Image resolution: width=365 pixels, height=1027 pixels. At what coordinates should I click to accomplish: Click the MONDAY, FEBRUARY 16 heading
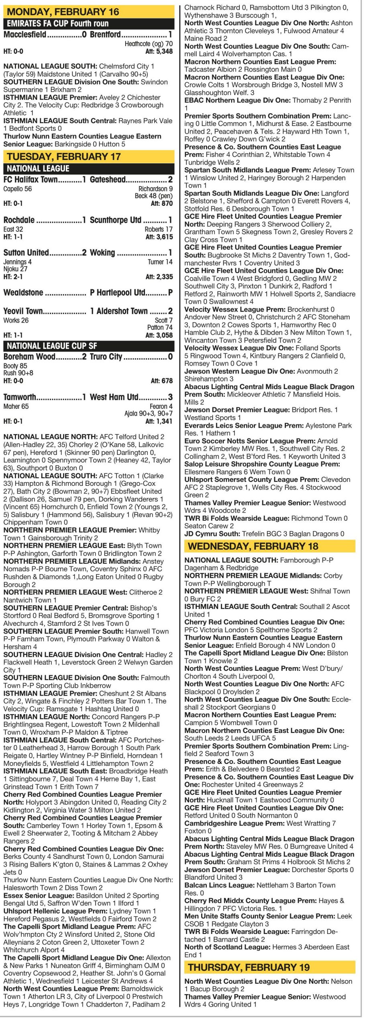pyautogui.click(x=63, y=12)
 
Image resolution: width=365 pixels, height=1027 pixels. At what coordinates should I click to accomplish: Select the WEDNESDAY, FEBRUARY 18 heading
pyautogui.click(x=253, y=546)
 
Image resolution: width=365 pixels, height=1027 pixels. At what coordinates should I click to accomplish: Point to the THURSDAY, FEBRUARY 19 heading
pyautogui.click(x=249, y=967)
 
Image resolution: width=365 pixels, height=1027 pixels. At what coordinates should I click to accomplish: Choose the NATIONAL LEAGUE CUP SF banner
pyautogui.click(x=52, y=346)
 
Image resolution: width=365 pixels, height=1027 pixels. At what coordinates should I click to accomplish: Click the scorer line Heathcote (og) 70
pyautogui.click(x=149, y=44)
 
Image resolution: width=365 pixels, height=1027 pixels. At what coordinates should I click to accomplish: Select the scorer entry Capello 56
pyautogui.click(x=17, y=189)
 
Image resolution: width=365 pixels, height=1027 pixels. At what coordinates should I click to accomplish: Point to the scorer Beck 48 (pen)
pyautogui.click(x=153, y=196)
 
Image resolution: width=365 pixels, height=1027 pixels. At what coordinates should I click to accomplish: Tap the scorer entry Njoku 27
pyautogui.click(x=16, y=269)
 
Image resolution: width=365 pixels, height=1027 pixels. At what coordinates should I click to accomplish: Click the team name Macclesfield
pyautogui.click(x=25, y=35)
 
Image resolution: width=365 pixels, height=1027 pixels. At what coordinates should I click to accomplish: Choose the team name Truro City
pyautogui.click(x=106, y=357)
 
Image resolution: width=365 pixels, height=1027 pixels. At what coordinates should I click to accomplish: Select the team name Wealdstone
pyautogui.click(x=23, y=292)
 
